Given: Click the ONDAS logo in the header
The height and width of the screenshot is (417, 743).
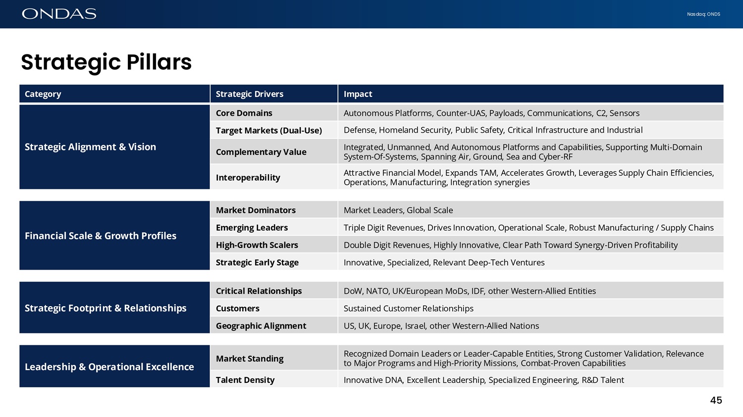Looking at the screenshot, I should click(59, 14).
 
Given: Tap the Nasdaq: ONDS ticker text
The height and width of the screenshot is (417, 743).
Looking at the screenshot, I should click(703, 14).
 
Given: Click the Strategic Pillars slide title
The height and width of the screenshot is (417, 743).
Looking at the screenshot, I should click(106, 62).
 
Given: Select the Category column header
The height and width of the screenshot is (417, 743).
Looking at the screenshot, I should click(43, 94).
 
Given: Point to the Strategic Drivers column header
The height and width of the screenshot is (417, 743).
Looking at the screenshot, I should click(250, 94).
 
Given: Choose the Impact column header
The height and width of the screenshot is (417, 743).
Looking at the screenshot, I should click(358, 94).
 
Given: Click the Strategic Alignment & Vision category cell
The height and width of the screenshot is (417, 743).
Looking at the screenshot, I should click(90, 147).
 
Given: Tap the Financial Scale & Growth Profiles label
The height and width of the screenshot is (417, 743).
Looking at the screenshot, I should click(101, 235).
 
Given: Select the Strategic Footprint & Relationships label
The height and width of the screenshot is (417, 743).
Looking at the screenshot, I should click(106, 308).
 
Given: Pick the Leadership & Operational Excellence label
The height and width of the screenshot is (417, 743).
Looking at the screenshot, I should click(109, 367).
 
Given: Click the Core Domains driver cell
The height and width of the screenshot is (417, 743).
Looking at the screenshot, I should click(244, 113).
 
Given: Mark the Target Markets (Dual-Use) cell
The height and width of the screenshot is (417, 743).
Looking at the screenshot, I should click(269, 130).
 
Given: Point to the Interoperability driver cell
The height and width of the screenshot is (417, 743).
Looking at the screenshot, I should click(248, 177).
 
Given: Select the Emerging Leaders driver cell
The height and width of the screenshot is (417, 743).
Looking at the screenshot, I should click(252, 228).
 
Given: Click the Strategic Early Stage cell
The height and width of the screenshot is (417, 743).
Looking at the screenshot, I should click(257, 262).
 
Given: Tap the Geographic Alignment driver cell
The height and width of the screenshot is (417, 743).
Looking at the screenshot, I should click(261, 325).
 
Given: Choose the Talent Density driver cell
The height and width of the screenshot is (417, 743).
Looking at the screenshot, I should click(245, 380).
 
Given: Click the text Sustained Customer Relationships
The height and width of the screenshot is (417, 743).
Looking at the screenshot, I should click(409, 308).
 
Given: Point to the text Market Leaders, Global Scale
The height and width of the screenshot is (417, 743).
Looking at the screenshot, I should click(398, 210).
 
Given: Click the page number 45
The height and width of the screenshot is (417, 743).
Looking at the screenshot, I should click(716, 400).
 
